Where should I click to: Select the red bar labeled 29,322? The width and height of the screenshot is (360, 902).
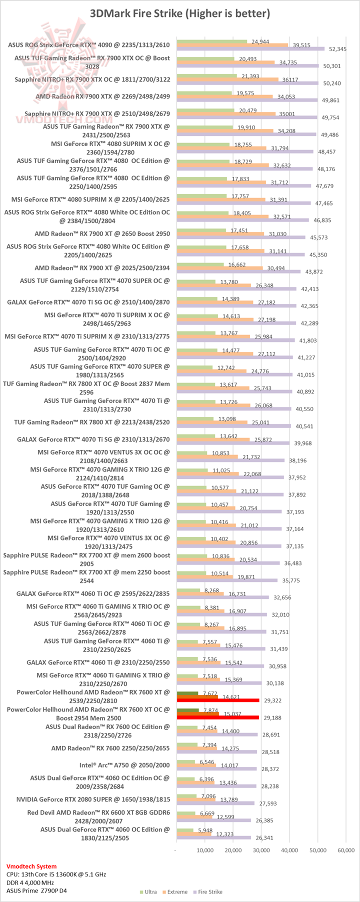(217, 700)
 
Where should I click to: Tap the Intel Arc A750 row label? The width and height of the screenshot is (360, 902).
(124, 765)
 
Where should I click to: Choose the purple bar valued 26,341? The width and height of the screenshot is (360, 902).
(213, 837)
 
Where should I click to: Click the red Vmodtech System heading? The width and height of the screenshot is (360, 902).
(31, 866)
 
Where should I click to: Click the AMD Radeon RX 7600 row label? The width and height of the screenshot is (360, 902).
(110, 748)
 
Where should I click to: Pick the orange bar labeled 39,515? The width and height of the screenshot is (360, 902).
(232, 45)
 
